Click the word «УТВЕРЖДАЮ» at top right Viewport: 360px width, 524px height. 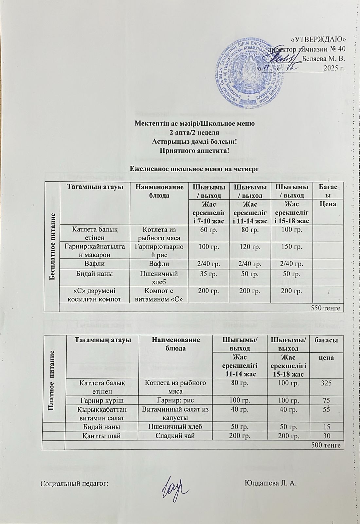(x=318, y=40)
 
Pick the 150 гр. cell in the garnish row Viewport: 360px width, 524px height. (x=291, y=247)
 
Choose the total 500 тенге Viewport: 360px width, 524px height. (x=325, y=445)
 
